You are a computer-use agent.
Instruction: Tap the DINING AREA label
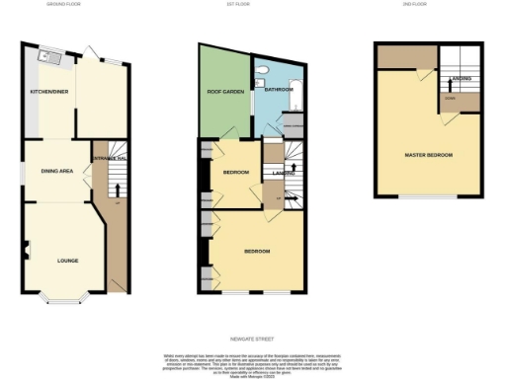[56, 172]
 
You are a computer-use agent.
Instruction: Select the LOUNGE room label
[67, 261]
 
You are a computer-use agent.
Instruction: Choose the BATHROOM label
[279, 89]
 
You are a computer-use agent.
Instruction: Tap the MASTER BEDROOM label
[429, 156]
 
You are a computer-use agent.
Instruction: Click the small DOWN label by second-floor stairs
[451, 98]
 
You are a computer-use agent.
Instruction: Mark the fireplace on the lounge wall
[27, 249]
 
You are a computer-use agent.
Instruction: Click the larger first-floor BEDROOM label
[258, 251]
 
